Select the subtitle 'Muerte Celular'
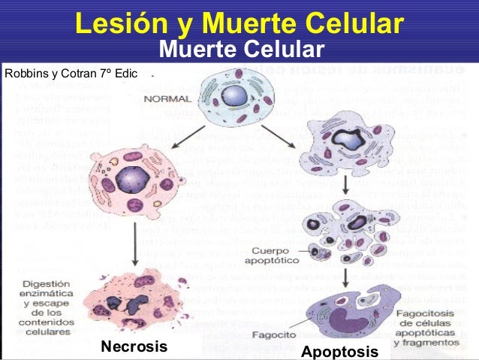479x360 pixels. click(x=242, y=50)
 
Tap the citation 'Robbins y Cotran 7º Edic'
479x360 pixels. click(x=71, y=74)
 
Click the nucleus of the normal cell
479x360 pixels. click(x=233, y=95)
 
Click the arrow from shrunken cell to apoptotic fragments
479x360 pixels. click(x=345, y=186)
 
